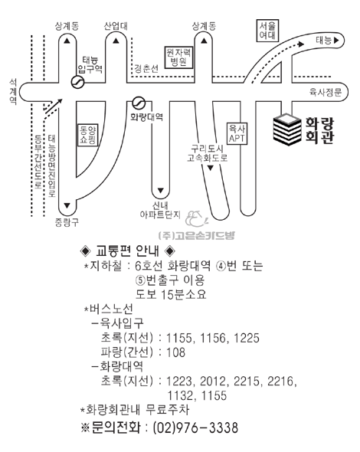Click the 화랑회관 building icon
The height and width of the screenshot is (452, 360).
[x=287, y=129]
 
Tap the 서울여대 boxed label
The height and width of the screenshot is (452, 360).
[x=267, y=31]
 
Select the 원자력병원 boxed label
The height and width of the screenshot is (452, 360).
[x=178, y=57]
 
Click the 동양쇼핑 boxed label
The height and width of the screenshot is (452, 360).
[x=88, y=135]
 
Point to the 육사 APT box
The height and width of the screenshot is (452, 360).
[x=237, y=133]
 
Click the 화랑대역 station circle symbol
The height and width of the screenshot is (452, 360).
[x=139, y=103]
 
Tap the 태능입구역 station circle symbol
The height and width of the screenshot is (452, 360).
[x=77, y=82]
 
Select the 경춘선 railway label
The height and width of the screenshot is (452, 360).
[x=146, y=69]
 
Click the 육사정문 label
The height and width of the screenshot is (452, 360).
[x=326, y=92]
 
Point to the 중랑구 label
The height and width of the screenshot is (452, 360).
[x=67, y=222]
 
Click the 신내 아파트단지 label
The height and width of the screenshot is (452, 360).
[x=160, y=210]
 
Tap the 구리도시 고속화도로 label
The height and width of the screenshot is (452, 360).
[x=208, y=154]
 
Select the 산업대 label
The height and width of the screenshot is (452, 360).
[x=116, y=26]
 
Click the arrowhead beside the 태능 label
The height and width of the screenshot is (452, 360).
[x=335, y=41]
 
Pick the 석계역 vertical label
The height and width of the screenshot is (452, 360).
[x=13, y=91]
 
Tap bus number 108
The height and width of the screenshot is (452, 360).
[x=176, y=352]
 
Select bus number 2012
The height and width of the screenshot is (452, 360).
[x=213, y=381]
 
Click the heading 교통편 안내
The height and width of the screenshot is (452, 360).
[x=127, y=251]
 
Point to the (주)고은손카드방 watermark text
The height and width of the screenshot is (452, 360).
[x=197, y=235]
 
